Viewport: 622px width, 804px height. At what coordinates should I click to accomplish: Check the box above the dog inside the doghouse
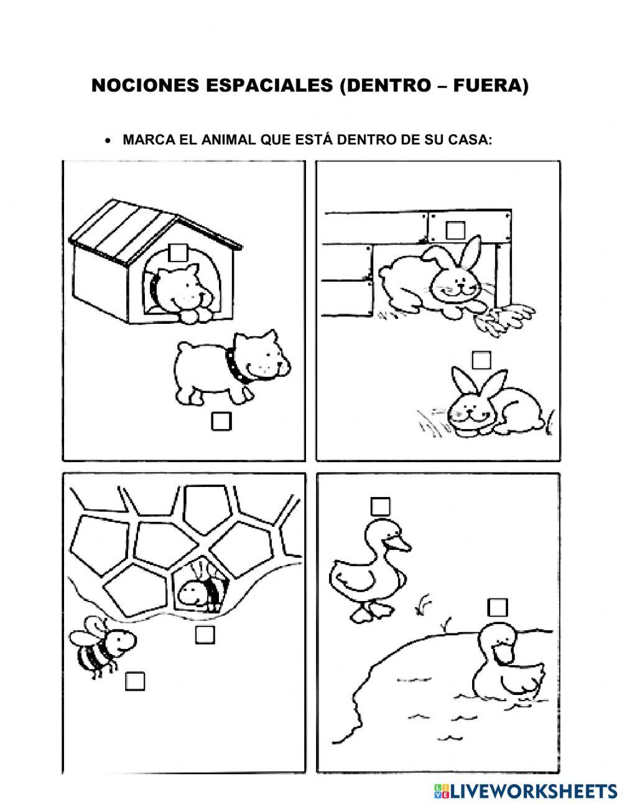(179, 252)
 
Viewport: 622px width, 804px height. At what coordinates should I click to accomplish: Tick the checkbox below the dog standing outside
(221, 422)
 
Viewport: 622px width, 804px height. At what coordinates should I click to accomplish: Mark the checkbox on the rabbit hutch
(456, 229)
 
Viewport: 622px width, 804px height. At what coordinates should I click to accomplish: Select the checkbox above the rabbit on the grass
(481, 360)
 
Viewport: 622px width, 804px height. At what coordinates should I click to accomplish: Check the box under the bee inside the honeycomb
(205, 635)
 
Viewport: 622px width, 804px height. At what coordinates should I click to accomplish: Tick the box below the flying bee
(135, 681)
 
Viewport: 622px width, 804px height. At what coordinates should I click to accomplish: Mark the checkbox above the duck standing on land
(380, 506)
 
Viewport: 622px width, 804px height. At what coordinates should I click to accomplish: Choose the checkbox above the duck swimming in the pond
(498, 607)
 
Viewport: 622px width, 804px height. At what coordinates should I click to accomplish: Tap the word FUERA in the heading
(488, 87)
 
